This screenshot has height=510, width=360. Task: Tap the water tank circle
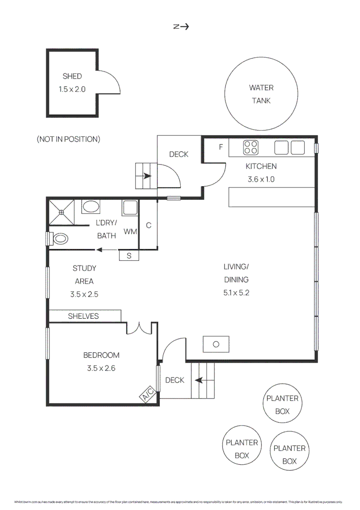pyautogui.click(x=261, y=94)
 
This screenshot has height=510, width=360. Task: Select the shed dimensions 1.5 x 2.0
pyautogui.click(x=72, y=89)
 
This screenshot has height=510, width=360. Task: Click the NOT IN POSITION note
pyautogui.click(x=68, y=139)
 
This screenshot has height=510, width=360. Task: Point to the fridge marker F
pyautogui.click(x=220, y=147)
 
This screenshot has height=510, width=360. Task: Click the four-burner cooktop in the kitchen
pyautogui.click(x=251, y=148)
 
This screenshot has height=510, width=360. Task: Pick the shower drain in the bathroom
pyautogui.click(x=61, y=212)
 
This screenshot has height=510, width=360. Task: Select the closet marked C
pyautogui.click(x=148, y=225)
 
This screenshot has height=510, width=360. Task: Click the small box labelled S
pyautogui.click(x=129, y=255)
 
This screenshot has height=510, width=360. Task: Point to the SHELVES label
pyautogui.click(x=84, y=316)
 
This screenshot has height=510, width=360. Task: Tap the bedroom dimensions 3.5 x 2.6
pyautogui.click(x=101, y=368)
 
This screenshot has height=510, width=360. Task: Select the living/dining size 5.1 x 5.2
pyautogui.click(x=236, y=293)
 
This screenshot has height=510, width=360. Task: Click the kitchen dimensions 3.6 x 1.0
pyautogui.click(x=261, y=179)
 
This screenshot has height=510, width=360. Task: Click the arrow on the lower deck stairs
pyautogui.click(x=199, y=379)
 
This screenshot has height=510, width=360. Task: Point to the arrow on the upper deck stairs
pyautogui.click(x=147, y=176)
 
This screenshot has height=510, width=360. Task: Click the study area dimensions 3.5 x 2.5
pyautogui.click(x=84, y=294)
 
